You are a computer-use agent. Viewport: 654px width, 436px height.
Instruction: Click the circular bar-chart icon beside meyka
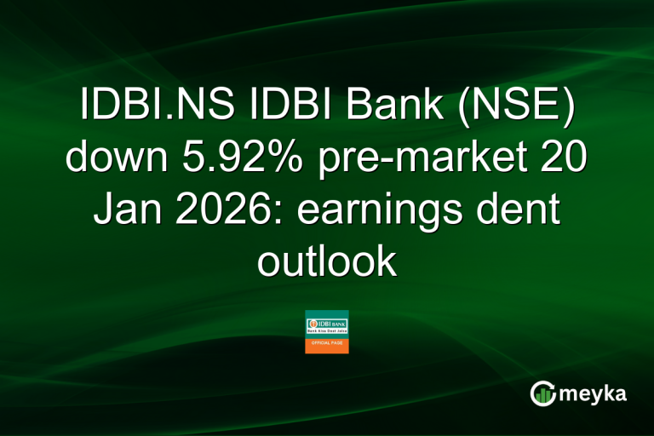pos(543,393)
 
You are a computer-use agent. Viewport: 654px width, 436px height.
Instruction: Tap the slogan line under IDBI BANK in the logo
pos(327,333)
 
